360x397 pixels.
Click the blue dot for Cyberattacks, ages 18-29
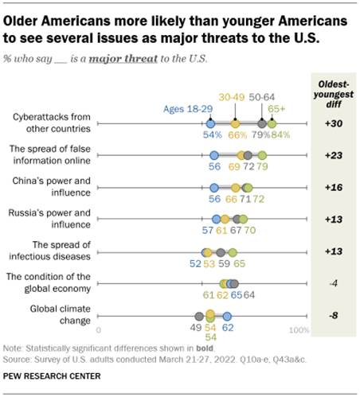coord(210,123)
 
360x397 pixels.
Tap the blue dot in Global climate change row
coord(227,315)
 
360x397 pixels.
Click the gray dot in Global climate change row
coord(199,315)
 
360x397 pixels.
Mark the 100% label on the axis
coord(299,329)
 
